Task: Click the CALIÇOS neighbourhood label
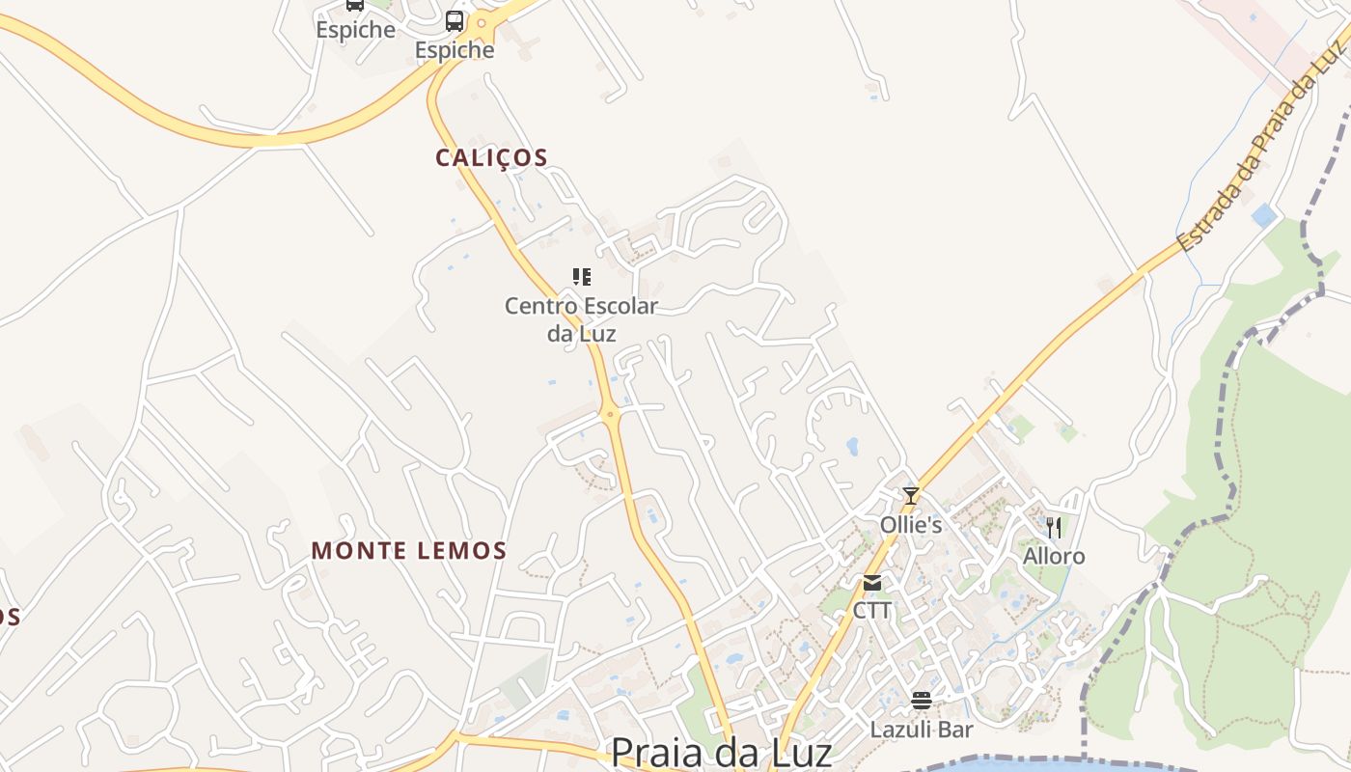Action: click(x=491, y=157)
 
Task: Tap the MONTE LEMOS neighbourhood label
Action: click(x=408, y=551)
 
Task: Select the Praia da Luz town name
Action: click(x=721, y=751)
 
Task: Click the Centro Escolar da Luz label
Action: click(x=581, y=319)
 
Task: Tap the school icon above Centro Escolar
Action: click(x=581, y=278)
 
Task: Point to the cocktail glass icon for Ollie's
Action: click(x=910, y=496)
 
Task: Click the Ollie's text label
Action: click(x=910, y=525)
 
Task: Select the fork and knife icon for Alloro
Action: click(x=1054, y=527)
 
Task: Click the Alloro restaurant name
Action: click(x=1054, y=557)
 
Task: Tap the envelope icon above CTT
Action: click(x=872, y=582)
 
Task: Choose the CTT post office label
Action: click(x=872, y=611)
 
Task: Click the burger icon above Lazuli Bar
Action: click(x=922, y=701)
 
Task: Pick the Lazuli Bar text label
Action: click(x=922, y=730)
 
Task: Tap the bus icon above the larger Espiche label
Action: click(x=455, y=20)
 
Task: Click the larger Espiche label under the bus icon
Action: click(x=455, y=50)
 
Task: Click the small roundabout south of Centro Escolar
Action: click(x=610, y=415)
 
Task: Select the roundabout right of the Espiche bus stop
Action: click(x=482, y=21)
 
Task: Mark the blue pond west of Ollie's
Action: click(x=852, y=446)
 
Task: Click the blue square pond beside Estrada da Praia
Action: click(x=1263, y=215)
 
